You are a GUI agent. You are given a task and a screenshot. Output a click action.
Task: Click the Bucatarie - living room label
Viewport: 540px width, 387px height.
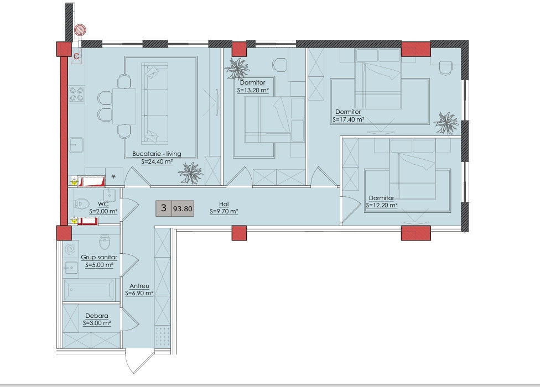tap(157, 154)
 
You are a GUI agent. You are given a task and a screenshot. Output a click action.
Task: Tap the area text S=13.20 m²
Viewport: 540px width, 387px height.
tap(253, 91)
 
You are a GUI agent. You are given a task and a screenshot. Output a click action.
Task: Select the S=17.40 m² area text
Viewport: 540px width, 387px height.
tap(349, 120)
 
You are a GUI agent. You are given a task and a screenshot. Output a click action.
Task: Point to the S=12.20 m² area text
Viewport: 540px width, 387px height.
tap(382, 205)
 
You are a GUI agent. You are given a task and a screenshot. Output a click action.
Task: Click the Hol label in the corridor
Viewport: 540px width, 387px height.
tap(224, 204)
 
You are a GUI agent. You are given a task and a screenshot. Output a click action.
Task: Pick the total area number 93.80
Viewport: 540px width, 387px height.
tap(183, 208)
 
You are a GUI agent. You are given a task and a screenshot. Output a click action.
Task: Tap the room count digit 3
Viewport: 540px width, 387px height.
tap(164, 208)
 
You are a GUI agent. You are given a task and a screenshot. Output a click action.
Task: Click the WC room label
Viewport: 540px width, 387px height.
tap(103, 204)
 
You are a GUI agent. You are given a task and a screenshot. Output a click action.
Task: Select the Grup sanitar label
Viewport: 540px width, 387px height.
tap(99, 257)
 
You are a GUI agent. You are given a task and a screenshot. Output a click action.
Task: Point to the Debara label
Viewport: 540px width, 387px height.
tap(97, 316)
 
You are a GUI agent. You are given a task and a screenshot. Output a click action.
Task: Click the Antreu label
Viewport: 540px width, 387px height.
tap(139, 286)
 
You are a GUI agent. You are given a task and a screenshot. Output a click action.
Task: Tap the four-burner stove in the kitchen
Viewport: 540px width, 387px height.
tap(76, 94)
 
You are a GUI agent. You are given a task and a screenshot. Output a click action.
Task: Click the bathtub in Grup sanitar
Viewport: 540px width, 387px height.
tap(89, 290)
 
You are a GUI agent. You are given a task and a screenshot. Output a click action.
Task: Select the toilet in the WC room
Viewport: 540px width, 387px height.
tap(81, 205)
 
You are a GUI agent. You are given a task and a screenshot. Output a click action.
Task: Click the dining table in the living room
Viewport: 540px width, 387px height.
tap(124, 106)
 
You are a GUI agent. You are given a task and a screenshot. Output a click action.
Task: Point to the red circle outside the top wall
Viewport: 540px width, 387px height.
tap(81, 30)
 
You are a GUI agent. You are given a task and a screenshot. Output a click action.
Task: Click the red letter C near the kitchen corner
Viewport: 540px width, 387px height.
tap(77, 56)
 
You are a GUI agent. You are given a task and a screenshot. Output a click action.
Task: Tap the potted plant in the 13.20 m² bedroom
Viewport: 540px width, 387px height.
tap(237, 68)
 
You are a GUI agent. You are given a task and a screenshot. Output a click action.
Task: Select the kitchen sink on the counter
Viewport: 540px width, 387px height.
tap(76, 145)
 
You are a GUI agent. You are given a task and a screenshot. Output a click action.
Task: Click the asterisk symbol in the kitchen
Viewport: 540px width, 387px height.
tap(113, 177)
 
